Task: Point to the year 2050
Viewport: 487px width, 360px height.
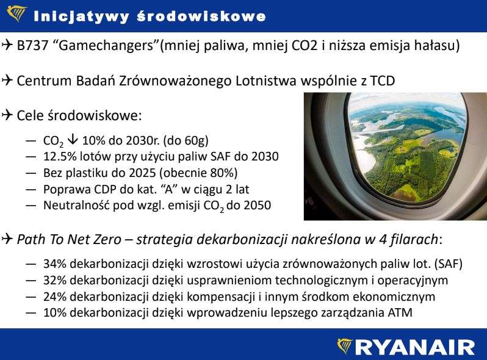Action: point(257,206)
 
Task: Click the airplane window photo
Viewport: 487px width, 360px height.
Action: point(395,156)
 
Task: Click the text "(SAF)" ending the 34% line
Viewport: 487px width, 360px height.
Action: point(447,265)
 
